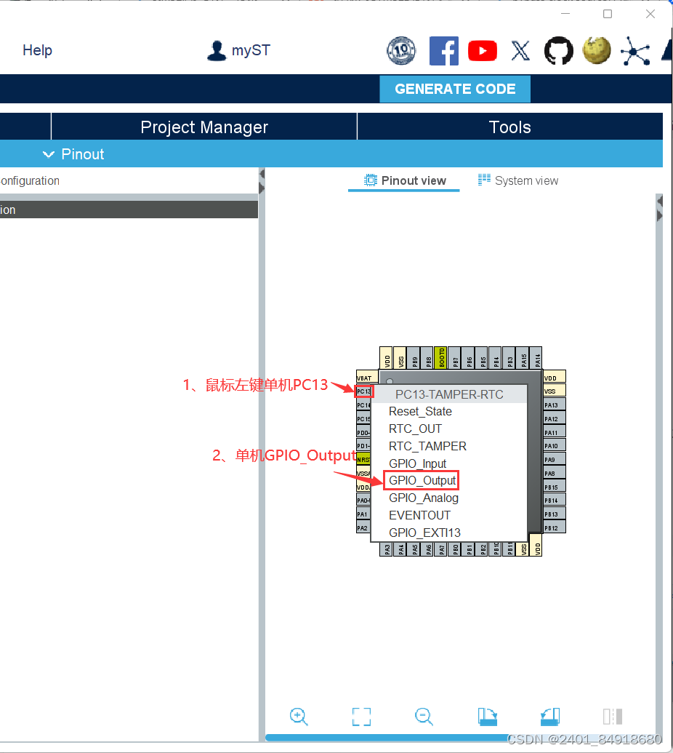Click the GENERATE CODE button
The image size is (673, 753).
pos(455,89)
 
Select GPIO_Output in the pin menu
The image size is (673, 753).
pos(422,480)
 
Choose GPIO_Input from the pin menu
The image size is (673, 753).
pos(417,463)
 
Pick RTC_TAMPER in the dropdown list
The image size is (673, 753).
pos(427,446)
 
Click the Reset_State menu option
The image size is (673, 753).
pos(420,411)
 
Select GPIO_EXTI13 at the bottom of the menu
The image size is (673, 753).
pos(424,533)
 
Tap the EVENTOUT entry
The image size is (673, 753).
pos(419,515)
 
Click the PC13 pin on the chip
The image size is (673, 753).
pos(363,391)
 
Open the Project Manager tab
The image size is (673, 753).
pos(204,127)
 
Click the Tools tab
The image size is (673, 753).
pos(509,127)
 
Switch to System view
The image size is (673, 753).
pos(518,180)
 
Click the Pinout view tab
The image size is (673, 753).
pos(405,180)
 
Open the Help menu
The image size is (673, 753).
pos(37,50)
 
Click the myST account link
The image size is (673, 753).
pos(238,50)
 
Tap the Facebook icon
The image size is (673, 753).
pos(443,50)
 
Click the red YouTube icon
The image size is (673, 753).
pos(483,50)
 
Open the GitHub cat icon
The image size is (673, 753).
pos(557,50)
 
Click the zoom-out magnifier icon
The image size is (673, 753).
pos(424,717)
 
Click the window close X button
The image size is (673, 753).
pos(650,14)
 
